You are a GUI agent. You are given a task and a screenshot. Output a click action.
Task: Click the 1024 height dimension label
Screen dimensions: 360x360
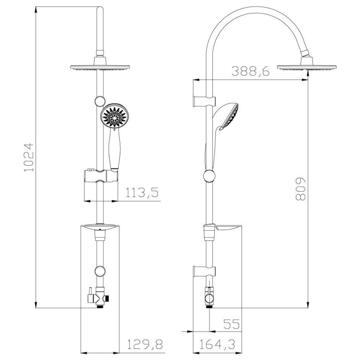[x=29, y=157]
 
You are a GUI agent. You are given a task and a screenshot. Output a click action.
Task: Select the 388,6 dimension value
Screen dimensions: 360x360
[x=250, y=71]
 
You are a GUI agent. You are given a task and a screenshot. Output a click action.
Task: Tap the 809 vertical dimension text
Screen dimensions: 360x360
[x=301, y=189]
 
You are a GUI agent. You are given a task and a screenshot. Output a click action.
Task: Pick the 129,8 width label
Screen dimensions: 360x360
[x=145, y=344]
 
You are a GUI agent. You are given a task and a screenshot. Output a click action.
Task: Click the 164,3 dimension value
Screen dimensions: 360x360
[x=217, y=344]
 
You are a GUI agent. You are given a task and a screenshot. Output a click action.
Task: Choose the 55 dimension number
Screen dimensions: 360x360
[x=231, y=324]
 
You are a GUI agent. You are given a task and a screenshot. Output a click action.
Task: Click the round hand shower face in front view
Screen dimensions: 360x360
[x=114, y=117]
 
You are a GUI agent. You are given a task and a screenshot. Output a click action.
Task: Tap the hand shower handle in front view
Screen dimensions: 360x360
[x=114, y=150]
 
